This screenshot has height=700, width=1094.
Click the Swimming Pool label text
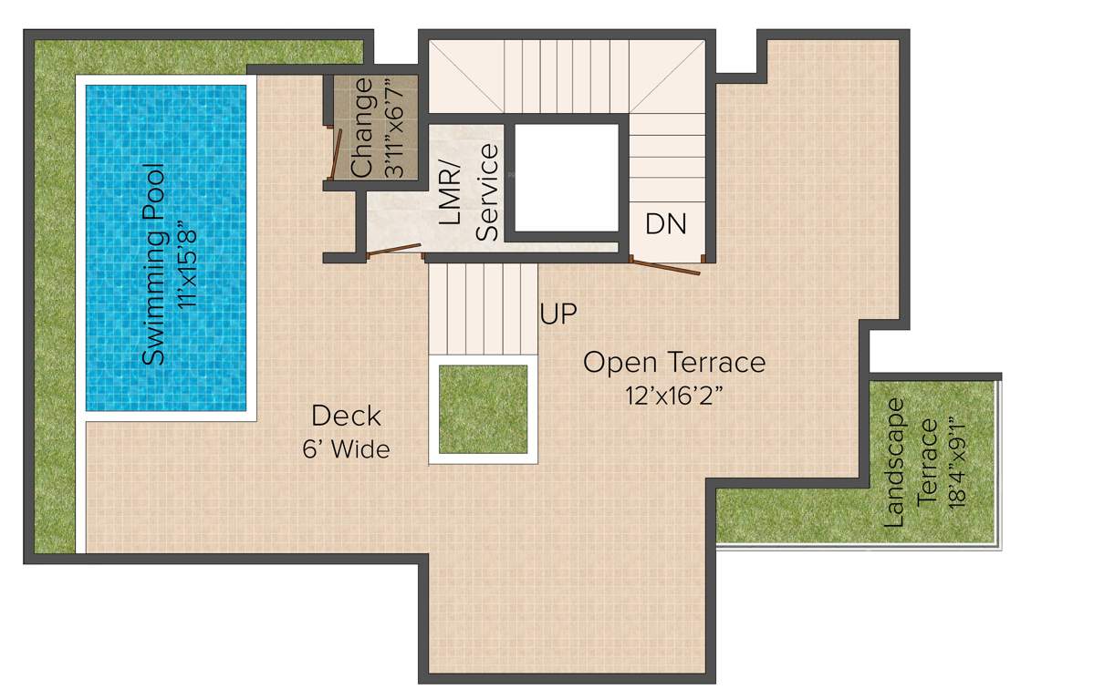tap(155, 264)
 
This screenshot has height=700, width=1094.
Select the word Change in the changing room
tap(362, 129)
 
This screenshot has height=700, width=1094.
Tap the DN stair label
tap(665, 223)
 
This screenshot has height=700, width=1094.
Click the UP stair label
tap(557, 314)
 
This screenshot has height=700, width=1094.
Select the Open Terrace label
tap(674, 362)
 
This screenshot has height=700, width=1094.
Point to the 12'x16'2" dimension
tap(674, 396)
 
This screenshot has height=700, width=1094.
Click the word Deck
tap(346, 417)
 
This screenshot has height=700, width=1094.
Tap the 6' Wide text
tap(346, 449)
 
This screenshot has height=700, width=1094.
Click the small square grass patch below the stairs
tap(483, 409)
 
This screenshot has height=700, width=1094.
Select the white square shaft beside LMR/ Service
tap(567, 177)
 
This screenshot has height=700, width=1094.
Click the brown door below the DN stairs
tap(667, 266)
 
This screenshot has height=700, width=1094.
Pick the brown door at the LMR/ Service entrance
tap(396, 249)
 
